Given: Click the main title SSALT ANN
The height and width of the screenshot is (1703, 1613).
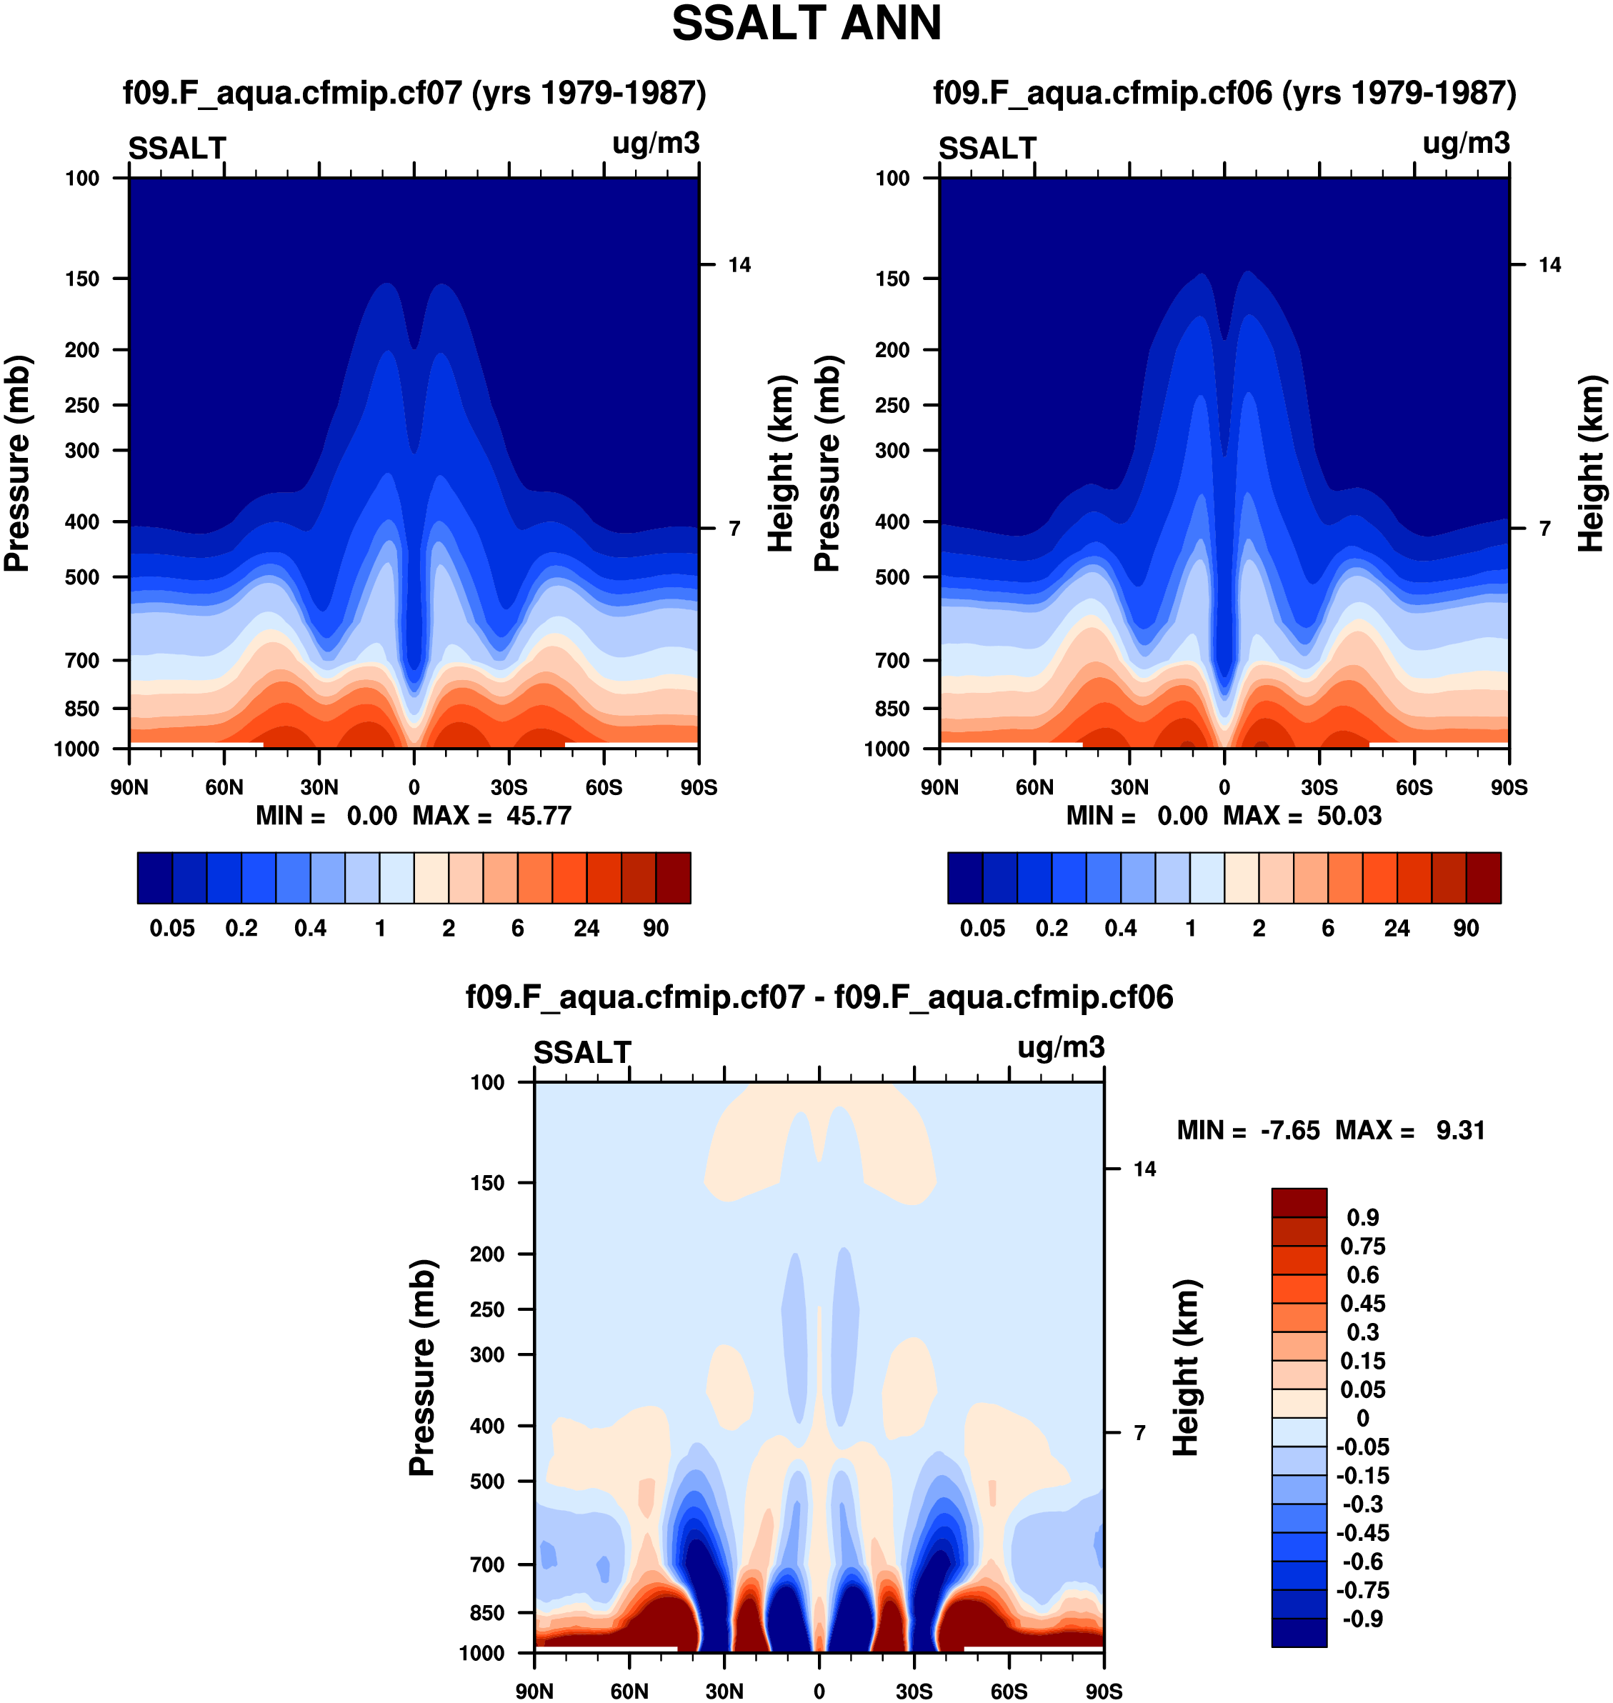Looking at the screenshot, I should coord(806,24).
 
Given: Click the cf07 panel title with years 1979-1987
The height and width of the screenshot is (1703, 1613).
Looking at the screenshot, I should coord(414,93).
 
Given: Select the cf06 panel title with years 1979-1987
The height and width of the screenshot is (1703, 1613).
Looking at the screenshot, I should coord(1224,93).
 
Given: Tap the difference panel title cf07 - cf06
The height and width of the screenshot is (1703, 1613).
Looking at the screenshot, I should coord(819,997).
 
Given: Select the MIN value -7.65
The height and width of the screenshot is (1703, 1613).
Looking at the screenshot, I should coord(1289,1131).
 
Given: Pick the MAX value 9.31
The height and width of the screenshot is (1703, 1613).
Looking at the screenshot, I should coord(1460,1131).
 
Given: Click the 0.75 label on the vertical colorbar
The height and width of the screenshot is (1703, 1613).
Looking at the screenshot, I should coord(1363,1247).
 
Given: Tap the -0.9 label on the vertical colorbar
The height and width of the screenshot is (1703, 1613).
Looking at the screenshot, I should coord(1363,1619).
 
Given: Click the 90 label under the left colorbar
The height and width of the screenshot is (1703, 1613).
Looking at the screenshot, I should coord(655,929).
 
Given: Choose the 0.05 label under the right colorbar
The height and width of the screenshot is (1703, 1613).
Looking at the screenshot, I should coord(982,929).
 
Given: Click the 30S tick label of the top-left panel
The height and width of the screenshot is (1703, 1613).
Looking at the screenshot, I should coord(509,787).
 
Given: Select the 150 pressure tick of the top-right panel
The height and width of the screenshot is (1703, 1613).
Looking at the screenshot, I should coord(892,279).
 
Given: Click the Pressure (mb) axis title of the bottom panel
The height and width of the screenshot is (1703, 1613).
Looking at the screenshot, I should coord(422,1367).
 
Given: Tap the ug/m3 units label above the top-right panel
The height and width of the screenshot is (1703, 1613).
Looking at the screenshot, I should coord(1466,144).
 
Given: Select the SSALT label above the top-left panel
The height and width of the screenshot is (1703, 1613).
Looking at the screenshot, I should coord(177,149).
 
